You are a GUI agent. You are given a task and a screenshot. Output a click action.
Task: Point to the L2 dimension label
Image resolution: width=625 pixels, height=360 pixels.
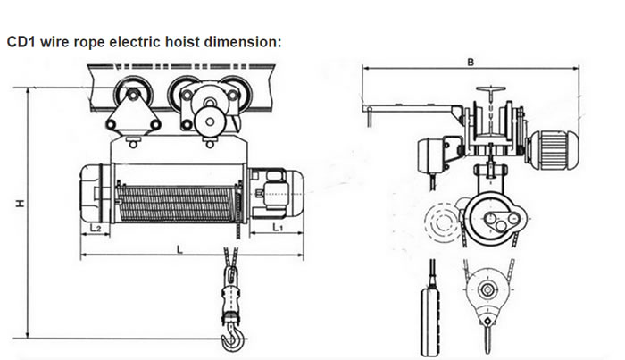[x=96, y=229]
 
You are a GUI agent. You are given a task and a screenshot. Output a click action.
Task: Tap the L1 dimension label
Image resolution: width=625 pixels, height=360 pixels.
[x=278, y=229]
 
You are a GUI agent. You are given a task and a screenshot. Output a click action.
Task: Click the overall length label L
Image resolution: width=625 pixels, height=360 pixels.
[x=182, y=250]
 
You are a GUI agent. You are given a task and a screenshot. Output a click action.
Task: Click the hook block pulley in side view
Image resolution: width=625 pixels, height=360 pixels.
[x=487, y=290]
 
